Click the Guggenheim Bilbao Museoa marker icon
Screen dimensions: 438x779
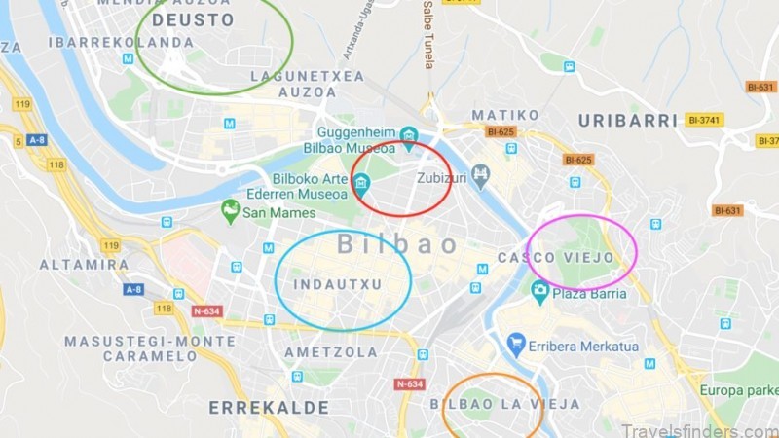pos(409,135)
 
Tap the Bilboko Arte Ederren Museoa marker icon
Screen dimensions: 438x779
pos(361,182)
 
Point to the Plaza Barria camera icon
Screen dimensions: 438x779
pos(539,289)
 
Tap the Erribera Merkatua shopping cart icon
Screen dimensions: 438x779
pos(516,343)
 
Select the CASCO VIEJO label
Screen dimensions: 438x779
pos(556,258)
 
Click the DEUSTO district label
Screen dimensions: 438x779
pos(193,19)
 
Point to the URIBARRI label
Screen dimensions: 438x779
pos(627,121)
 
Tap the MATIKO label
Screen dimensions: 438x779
pos(505,115)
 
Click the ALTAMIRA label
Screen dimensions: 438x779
pos(84,264)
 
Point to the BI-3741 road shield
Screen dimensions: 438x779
pos(704,120)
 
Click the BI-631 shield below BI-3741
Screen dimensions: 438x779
pos(727,209)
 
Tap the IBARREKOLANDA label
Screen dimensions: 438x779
pos(121,42)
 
